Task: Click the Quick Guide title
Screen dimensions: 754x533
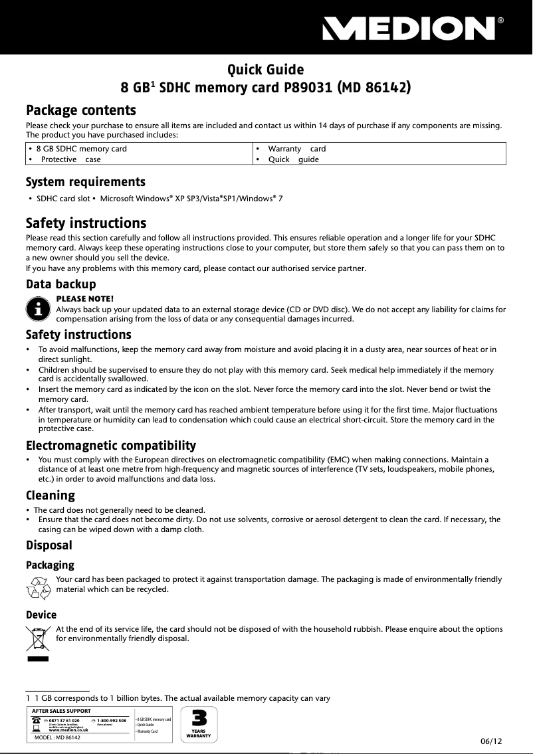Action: pos(266,70)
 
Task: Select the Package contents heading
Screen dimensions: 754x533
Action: pos(80,110)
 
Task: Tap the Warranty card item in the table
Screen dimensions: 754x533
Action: pos(296,149)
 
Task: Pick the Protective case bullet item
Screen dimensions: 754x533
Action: pos(70,159)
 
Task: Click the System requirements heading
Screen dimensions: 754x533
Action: pos(85,182)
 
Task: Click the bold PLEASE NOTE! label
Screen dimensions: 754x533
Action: pos(85,299)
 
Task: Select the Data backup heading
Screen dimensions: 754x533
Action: pos(60,284)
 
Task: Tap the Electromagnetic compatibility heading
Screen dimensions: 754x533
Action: pos(110,445)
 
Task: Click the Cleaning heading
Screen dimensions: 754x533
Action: pos(50,495)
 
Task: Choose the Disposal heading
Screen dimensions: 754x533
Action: pos(49,545)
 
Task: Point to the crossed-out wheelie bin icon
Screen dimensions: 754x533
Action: pos(38,639)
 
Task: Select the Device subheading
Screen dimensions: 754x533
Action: pos(41,614)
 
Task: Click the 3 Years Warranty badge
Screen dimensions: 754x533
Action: pos(199,724)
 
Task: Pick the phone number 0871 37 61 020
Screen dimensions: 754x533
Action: pos(64,720)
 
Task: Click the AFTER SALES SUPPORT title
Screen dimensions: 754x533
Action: pos(61,711)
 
